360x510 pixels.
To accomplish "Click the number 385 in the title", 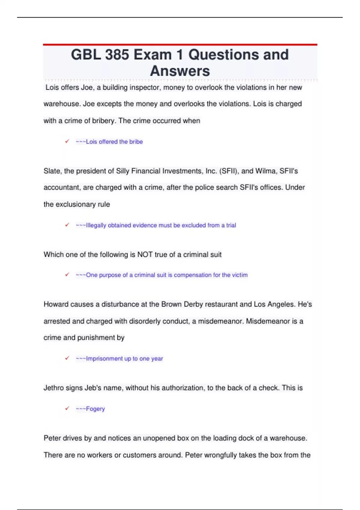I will [117, 55].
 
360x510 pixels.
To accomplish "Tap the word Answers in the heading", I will [180, 71].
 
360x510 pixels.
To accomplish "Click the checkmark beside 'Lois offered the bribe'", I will [67, 141].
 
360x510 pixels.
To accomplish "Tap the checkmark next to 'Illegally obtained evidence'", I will [67, 225].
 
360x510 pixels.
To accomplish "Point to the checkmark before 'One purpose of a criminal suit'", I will [67, 274].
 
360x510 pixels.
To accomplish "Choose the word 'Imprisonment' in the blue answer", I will [104, 358].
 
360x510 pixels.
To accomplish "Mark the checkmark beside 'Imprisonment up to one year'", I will [67, 358].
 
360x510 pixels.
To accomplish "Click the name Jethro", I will [54, 388].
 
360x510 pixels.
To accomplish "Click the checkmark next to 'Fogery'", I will [67, 408].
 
